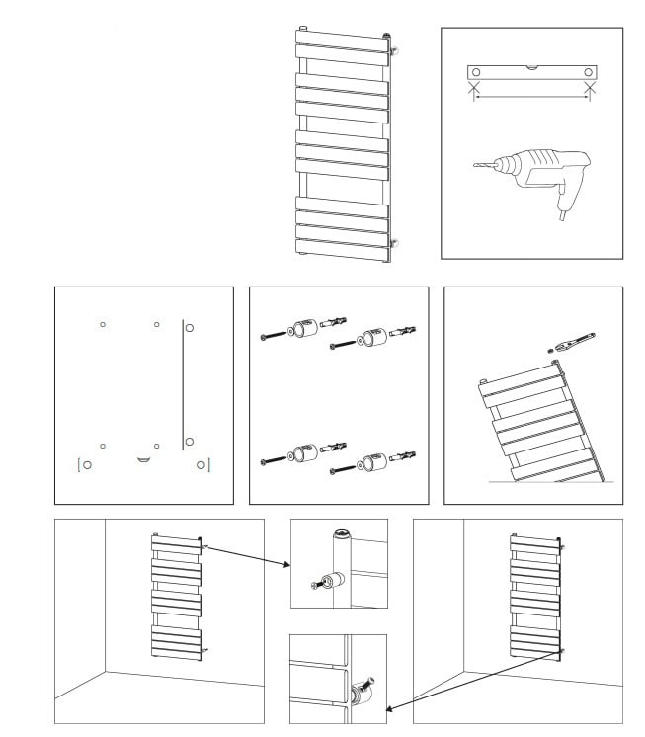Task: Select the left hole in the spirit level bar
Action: click(476, 72)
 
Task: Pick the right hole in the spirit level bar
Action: click(589, 72)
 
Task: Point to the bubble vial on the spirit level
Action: click(532, 67)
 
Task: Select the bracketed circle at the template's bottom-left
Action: click(87, 463)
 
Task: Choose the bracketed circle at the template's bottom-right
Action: click(202, 463)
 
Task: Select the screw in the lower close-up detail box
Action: click(369, 680)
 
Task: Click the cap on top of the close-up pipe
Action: click(341, 533)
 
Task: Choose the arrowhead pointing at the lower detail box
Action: click(392, 708)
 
